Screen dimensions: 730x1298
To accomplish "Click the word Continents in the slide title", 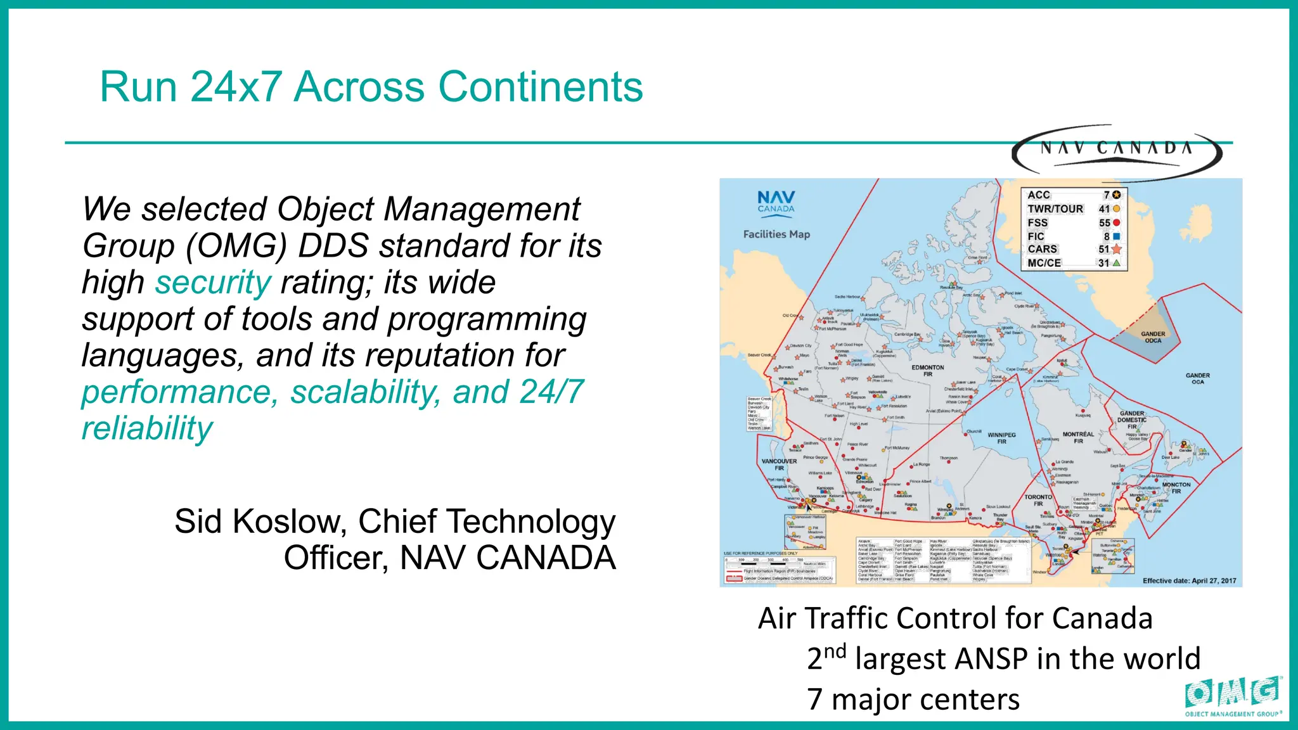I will [541, 87].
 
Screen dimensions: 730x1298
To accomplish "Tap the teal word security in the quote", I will [213, 283].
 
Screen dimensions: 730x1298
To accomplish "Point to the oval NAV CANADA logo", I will [1116, 150].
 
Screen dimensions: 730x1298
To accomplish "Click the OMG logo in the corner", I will [1233, 695].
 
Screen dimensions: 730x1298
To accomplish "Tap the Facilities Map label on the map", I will [776, 234].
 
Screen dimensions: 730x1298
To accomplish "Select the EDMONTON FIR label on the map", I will [928, 371].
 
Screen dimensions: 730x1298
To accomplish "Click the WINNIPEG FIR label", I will [1001, 438].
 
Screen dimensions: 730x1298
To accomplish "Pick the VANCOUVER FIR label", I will [779, 464].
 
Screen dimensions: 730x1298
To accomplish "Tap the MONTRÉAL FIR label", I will [1078, 437].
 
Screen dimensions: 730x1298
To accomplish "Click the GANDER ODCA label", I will [1153, 337].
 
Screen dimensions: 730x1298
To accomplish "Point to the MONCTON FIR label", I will [1176, 487].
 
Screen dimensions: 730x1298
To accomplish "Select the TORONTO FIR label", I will [1038, 501].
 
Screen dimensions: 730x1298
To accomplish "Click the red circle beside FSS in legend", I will [1116, 222].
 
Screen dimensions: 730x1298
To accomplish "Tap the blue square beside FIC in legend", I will [1116, 236].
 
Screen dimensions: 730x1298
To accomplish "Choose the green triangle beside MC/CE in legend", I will [1116, 263].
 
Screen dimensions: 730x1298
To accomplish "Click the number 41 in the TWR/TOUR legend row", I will [1104, 209].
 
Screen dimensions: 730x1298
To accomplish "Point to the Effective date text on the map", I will [1189, 580].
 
